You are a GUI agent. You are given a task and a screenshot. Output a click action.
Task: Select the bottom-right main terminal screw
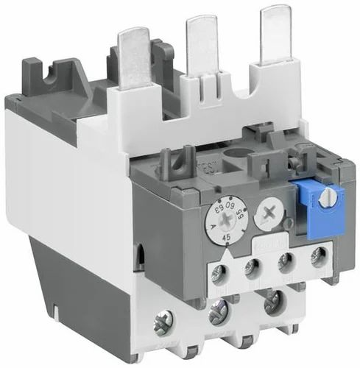(274, 298)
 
